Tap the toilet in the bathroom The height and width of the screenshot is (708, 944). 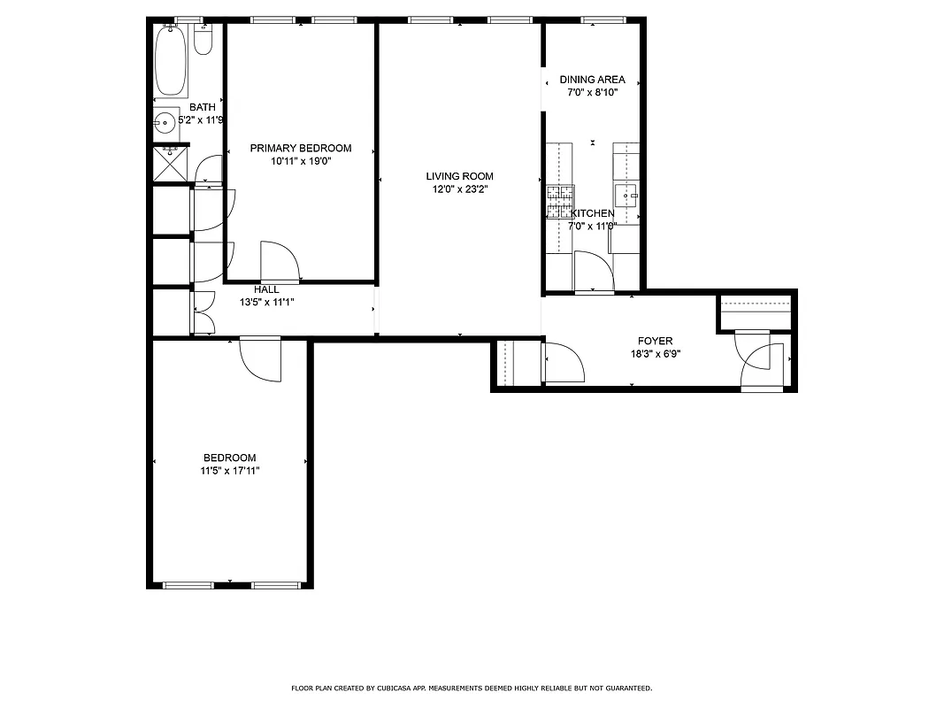pos(203,39)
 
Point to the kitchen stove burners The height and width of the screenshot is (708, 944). pos(560,202)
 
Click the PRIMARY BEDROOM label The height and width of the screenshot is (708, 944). pos(300,149)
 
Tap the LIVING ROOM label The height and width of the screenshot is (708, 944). pos(459,176)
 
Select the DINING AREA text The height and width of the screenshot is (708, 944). pos(592,80)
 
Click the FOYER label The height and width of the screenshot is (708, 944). pos(655,341)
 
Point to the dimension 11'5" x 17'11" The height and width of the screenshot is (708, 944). pos(229,471)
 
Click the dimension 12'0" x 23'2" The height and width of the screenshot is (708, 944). pos(459,189)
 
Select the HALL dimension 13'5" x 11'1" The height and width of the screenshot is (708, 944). pos(266,302)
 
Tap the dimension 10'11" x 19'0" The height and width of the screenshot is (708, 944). pos(300,161)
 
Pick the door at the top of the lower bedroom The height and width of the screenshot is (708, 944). pos(260,358)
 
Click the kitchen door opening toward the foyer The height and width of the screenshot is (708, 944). pos(591,270)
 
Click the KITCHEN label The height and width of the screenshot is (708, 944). pos(592,213)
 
